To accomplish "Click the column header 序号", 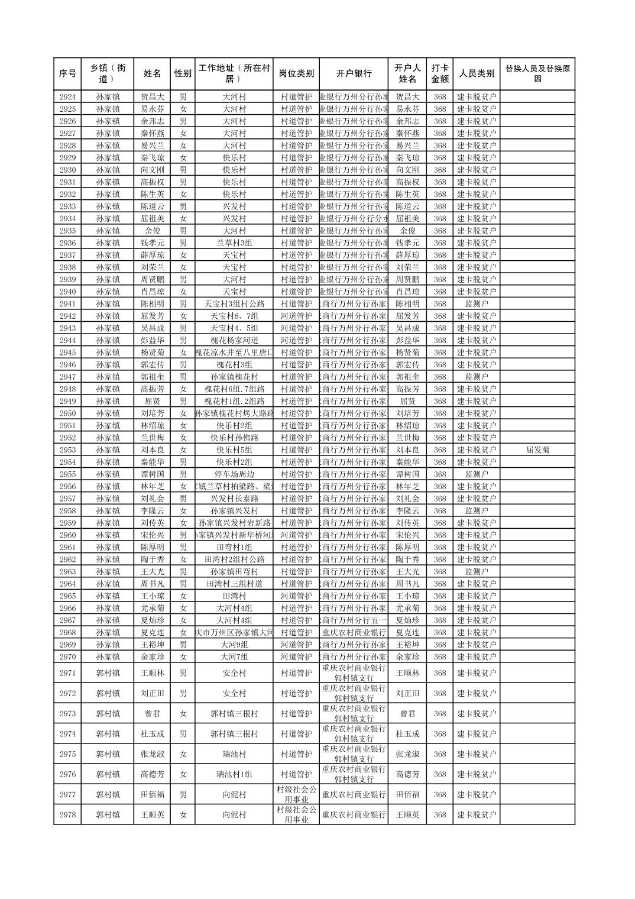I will point(67,74).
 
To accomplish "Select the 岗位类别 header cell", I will point(296,74).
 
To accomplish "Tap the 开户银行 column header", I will point(354,74).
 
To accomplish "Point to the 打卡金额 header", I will point(439,74).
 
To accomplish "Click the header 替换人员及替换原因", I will point(537,74).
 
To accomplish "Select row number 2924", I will point(67,97).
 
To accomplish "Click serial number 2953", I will point(67,450).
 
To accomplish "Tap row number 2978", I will point(67,814).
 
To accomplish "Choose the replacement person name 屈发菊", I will point(537,450).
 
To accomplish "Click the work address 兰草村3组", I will point(234,243).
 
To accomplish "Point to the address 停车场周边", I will point(234,474).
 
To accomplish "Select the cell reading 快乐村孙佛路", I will point(234,438).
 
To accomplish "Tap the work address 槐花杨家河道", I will point(234,341).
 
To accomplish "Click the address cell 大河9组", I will point(234,645).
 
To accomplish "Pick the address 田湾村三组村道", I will point(234,584).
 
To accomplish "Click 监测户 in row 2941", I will point(477,304).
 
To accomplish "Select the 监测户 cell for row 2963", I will point(477,572).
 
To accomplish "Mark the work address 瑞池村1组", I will point(234,774).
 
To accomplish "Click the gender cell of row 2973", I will point(183,714).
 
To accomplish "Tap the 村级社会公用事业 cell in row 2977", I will point(296,794).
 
